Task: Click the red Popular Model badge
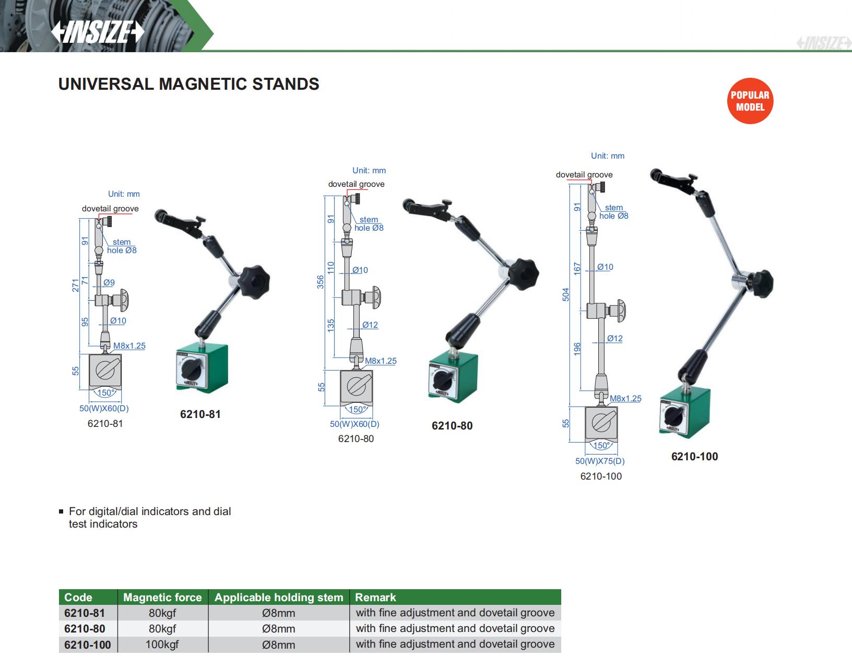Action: coord(750,101)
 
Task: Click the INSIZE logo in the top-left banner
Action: coord(97,32)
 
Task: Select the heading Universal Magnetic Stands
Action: coord(188,84)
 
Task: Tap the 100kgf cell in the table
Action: coord(162,645)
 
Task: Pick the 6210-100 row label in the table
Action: coord(88,645)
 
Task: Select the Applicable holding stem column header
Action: coord(279,597)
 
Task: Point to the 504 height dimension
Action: coord(566,294)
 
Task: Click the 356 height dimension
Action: coord(321,282)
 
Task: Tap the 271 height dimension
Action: coord(76,285)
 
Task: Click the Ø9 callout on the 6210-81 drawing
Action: coord(109,282)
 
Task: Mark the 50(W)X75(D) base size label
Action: coord(600,461)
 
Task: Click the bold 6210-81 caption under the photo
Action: coord(200,414)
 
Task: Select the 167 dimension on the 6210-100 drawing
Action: coord(577,269)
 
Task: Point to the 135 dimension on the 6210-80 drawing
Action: coord(330,325)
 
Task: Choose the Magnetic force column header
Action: coord(162,597)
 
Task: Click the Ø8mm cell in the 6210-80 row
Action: coord(278,629)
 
